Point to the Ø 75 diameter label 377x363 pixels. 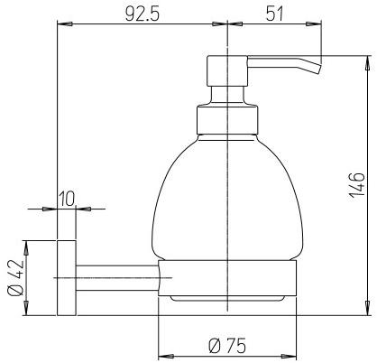(x=227, y=346)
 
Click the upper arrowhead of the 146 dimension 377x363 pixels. (x=366, y=61)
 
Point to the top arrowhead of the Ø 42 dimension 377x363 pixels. (x=27, y=246)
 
